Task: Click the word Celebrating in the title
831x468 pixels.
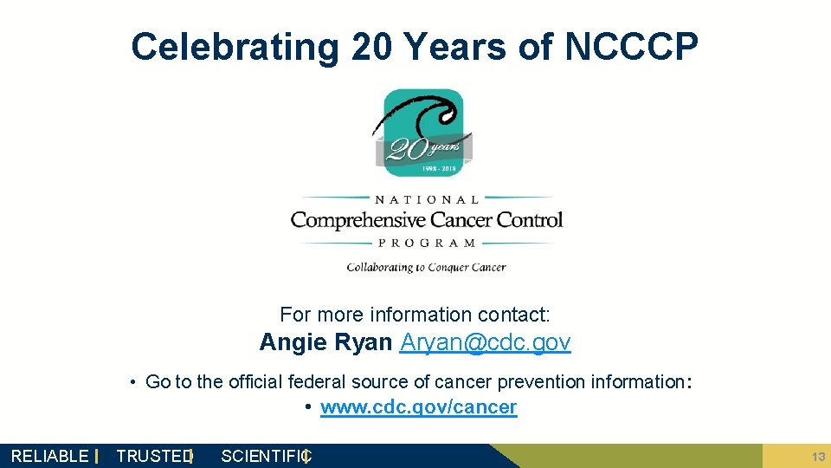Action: pyautogui.click(x=235, y=47)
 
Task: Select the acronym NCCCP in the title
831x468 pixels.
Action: pyautogui.click(x=631, y=47)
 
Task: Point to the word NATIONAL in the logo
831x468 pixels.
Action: pyautogui.click(x=427, y=198)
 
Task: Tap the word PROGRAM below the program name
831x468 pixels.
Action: pyautogui.click(x=427, y=244)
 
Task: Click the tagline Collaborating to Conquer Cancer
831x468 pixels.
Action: pyautogui.click(x=426, y=267)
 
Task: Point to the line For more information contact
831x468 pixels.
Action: pyautogui.click(x=415, y=315)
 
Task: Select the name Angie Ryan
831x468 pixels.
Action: pyautogui.click(x=325, y=342)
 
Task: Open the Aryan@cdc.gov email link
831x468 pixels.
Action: pyautogui.click(x=485, y=342)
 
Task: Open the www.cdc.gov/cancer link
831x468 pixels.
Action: pyautogui.click(x=418, y=407)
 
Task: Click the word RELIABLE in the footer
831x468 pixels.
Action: pyautogui.click(x=49, y=456)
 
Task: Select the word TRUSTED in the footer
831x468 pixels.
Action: pyautogui.click(x=153, y=456)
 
